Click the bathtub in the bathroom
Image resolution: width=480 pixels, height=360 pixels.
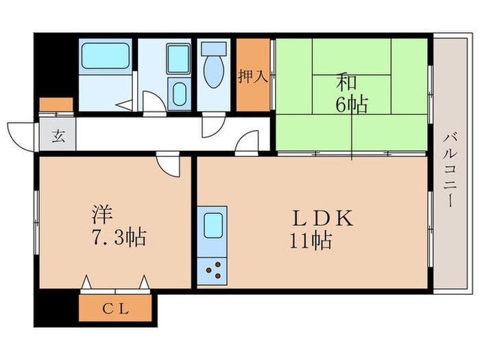(105, 56)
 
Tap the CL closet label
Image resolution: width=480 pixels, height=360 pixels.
(115, 309)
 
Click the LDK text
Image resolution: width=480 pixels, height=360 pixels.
(323, 219)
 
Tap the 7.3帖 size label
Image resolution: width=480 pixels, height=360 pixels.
(119, 238)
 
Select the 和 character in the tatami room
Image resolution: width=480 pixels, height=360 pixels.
(346, 83)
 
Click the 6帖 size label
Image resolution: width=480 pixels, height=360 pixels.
(352, 105)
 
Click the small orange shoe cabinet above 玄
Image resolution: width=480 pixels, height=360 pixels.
(56, 105)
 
